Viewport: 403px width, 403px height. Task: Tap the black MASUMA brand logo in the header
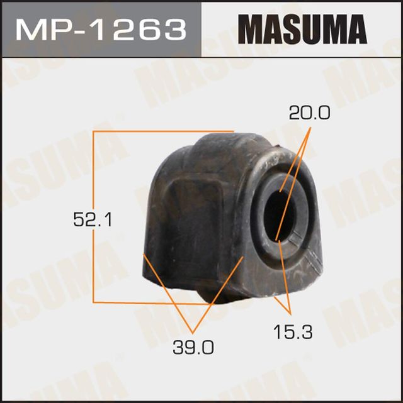tap(302, 30)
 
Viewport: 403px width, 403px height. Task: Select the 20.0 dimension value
tap(309, 113)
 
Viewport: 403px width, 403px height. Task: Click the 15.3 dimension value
tap(291, 332)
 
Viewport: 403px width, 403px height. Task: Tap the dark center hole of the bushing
tap(278, 213)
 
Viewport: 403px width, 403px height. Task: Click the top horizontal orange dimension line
tap(164, 132)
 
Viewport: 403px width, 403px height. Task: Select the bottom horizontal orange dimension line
tap(151, 303)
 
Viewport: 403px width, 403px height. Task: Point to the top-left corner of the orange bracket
tap(94, 132)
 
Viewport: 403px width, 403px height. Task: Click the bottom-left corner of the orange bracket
tap(94, 303)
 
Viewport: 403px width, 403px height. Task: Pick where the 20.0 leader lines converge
tap(310, 130)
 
